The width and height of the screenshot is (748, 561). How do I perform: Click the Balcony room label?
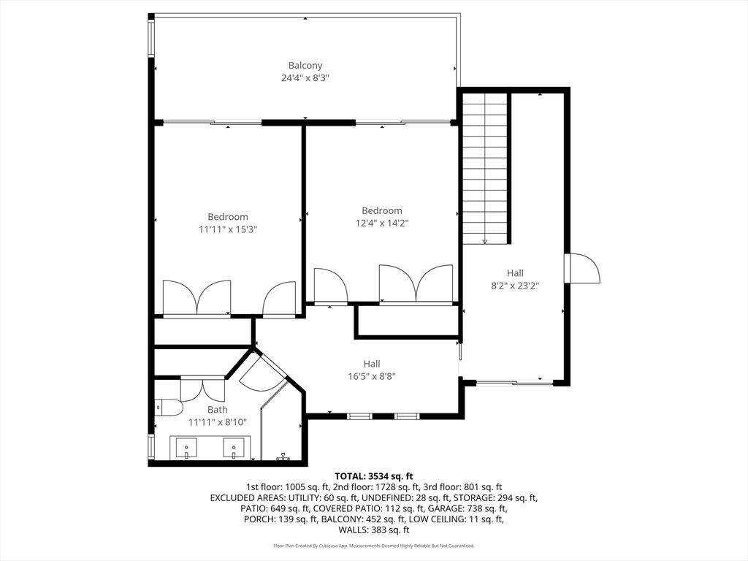click(305, 65)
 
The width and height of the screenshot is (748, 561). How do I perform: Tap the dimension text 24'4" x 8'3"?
click(305, 77)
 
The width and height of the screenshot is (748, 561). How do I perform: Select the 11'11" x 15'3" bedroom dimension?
click(228, 229)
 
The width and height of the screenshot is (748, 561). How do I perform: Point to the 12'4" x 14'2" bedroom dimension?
click(381, 223)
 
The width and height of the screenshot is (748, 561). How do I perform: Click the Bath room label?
click(218, 410)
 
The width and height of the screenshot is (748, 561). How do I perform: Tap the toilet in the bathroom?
click(169, 408)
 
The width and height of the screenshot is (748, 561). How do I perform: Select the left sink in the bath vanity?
click(186, 449)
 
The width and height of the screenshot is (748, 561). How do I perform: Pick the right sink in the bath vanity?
click(234, 449)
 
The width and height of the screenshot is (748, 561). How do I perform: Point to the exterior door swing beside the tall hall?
click(582, 269)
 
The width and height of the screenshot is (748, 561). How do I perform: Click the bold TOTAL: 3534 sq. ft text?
click(373, 476)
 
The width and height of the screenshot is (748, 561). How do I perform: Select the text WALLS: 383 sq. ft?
click(374, 530)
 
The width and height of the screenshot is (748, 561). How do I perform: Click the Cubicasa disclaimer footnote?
click(374, 546)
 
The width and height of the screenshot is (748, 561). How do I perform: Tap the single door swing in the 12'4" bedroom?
click(331, 286)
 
